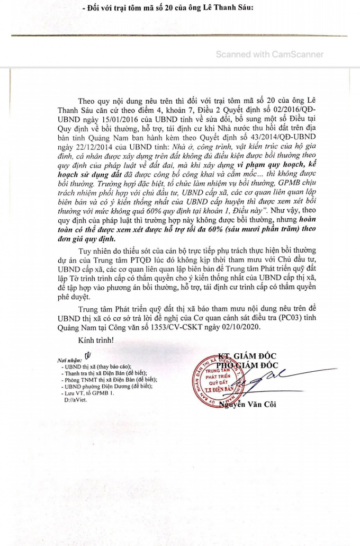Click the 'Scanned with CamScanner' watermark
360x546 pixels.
point(269,54)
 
